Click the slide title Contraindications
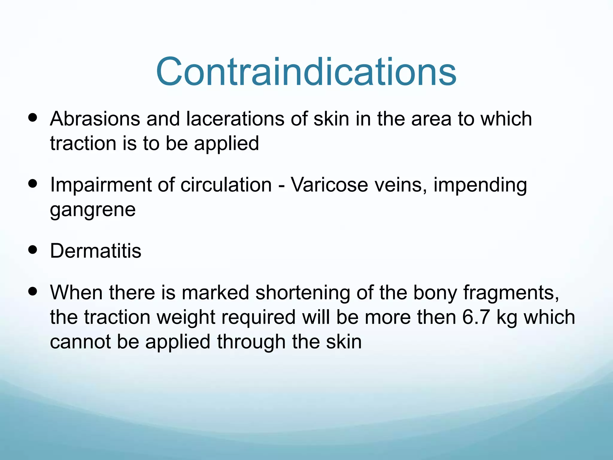(x=306, y=72)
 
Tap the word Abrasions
(x=95, y=119)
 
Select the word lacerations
(x=235, y=119)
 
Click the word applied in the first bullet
(x=226, y=143)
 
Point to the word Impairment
(x=101, y=185)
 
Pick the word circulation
(x=226, y=185)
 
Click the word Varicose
(x=330, y=185)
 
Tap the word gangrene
(x=92, y=210)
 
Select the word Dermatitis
(x=95, y=251)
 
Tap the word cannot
(x=80, y=342)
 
